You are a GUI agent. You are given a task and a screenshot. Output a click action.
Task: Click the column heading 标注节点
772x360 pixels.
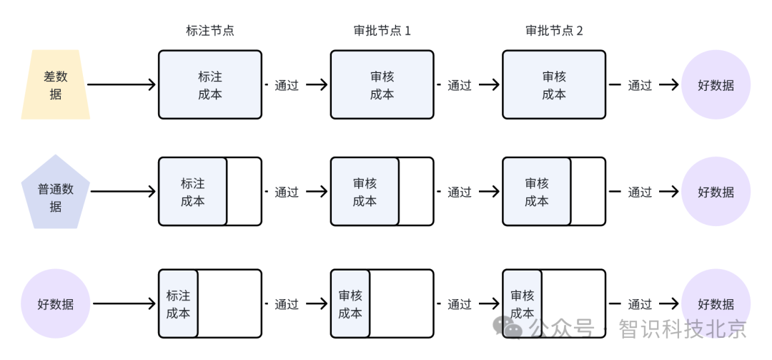click(x=210, y=31)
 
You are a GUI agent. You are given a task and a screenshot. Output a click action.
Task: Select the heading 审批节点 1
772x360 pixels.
click(x=382, y=31)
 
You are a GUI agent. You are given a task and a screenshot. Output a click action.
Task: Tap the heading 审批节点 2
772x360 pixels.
click(x=554, y=31)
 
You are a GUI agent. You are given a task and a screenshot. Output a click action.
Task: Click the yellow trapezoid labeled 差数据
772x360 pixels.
click(x=56, y=84)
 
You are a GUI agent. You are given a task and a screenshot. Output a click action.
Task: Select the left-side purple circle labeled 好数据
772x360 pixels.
click(x=56, y=304)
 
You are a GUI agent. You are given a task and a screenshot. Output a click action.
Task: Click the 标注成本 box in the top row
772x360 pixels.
click(x=210, y=84)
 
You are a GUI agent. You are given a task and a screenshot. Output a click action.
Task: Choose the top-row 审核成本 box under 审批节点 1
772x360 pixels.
click(x=382, y=84)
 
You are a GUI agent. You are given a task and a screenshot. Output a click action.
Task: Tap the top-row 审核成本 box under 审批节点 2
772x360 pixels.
click(x=554, y=84)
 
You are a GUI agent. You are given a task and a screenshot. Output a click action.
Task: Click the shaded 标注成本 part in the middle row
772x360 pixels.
click(x=193, y=192)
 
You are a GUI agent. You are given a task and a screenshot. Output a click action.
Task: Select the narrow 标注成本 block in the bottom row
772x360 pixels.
click(x=179, y=304)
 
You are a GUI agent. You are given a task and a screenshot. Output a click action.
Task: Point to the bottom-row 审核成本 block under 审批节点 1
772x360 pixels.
click(x=350, y=304)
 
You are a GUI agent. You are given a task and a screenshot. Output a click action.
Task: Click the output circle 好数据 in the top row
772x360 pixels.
click(x=716, y=84)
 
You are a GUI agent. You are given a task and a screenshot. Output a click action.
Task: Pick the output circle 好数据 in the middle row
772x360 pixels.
click(x=716, y=192)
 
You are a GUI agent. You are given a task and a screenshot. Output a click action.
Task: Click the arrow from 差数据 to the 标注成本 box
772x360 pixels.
click(x=122, y=84)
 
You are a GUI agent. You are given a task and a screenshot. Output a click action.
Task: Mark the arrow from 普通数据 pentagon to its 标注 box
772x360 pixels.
click(x=123, y=192)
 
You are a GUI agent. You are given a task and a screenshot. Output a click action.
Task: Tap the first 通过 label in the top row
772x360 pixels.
click(x=287, y=85)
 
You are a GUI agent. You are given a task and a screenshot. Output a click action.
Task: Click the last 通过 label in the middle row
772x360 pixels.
click(x=640, y=192)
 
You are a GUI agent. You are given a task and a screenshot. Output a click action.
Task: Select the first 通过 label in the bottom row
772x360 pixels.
click(x=287, y=304)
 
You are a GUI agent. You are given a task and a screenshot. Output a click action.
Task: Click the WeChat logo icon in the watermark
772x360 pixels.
click(x=512, y=328)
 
